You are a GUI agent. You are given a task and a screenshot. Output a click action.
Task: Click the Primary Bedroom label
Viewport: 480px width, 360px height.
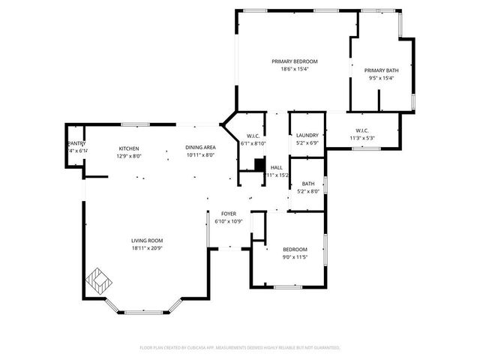(295, 61)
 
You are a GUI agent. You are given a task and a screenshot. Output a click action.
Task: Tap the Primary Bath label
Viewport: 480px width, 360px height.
(382, 70)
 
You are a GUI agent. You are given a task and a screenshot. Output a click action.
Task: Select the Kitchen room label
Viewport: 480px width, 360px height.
(129, 148)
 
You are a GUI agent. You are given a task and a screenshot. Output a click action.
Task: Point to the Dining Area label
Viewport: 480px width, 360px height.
(200, 148)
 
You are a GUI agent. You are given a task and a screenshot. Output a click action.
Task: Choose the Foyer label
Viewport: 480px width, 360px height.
(229, 214)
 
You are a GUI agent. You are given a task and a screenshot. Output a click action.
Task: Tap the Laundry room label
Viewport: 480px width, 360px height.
(307, 135)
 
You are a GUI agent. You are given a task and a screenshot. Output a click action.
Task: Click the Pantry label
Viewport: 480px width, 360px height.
(76, 143)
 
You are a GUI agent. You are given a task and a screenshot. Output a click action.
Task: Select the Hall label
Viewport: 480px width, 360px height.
(276, 168)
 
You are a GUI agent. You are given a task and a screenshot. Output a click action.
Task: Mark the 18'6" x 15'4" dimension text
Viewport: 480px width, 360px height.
(295, 69)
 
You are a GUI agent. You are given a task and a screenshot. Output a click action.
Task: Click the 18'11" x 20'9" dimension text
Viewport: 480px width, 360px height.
(147, 247)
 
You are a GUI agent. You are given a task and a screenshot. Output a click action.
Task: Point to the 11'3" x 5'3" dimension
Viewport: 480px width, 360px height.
(361, 138)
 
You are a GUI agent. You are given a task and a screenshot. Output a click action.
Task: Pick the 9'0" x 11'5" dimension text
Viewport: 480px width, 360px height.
(295, 257)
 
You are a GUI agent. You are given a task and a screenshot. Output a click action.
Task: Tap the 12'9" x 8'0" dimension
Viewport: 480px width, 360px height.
(129, 156)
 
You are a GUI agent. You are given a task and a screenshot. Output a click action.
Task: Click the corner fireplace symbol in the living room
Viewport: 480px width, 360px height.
(98, 281)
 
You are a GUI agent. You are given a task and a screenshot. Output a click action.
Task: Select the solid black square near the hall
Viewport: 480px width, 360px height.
(259, 164)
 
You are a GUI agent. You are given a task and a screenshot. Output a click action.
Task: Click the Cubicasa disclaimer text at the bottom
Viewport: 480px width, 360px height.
(240, 348)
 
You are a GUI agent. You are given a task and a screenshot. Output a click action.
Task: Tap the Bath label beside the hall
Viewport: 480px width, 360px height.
(308, 184)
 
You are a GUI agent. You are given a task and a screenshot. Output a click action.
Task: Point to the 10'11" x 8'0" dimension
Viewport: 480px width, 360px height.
(200, 155)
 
